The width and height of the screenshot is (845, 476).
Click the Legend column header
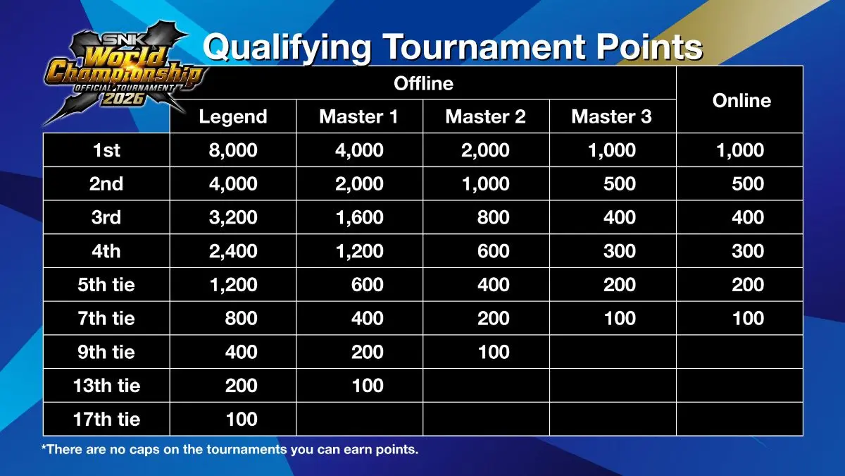pyautogui.click(x=233, y=116)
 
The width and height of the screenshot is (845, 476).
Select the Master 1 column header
pyautogui.click(x=358, y=116)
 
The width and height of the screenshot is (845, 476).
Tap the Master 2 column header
pyautogui.click(x=485, y=116)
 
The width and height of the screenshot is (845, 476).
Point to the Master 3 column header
pyautogui.click(x=611, y=116)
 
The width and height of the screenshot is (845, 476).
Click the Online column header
pyautogui.click(x=741, y=100)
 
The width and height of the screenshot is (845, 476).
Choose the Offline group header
pyautogui.click(x=423, y=83)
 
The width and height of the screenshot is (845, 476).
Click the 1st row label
pyautogui.click(x=106, y=150)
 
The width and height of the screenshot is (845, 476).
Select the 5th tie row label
pyautogui.click(x=106, y=285)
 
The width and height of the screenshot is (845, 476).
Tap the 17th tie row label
pyautogui.click(x=106, y=420)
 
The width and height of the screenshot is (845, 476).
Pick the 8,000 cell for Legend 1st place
pyautogui.click(x=233, y=150)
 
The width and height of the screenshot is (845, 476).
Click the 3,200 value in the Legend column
pyautogui.click(x=233, y=217)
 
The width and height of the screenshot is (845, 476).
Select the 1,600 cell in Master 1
pyautogui.click(x=359, y=217)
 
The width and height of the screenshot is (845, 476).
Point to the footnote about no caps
pyautogui.click(x=230, y=449)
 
